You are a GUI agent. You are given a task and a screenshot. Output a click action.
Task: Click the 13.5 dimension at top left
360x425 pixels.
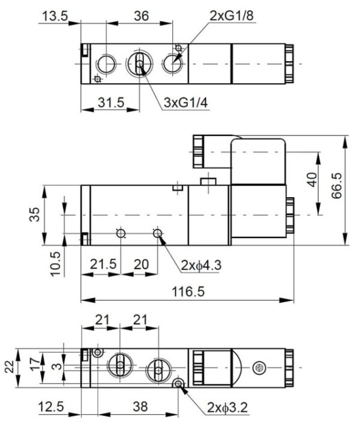pyautogui.click(x=55, y=16)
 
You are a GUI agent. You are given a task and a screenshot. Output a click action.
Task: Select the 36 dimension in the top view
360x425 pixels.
pyautogui.click(x=141, y=16)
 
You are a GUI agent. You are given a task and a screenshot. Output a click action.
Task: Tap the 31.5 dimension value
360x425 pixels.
pyautogui.click(x=110, y=103)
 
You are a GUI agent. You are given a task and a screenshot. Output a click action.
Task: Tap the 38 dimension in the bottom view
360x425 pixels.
pyautogui.click(x=139, y=407)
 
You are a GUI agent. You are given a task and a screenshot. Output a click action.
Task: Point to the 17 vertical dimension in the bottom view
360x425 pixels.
pyautogui.click(x=35, y=363)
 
